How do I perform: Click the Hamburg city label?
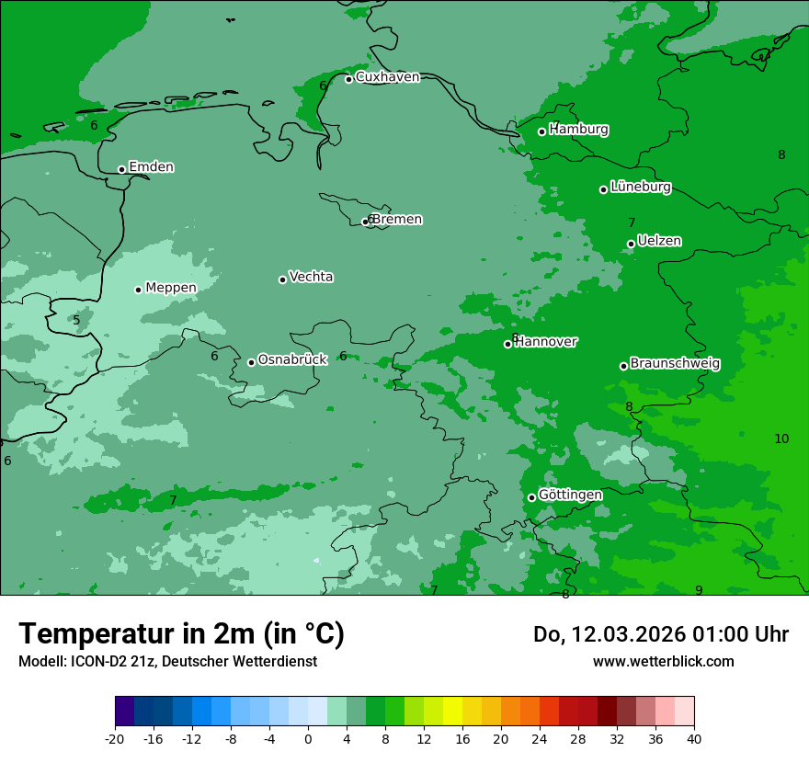tap(578, 130)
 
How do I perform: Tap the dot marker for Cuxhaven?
tap(348, 79)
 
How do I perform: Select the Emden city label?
tap(151, 167)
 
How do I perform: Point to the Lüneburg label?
tap(640, 187)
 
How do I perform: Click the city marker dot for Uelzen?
tap(631, 244)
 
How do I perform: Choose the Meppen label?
tap(171, 288)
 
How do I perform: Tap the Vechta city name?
tap(311, 277)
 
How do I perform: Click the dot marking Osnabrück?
tap(251, 362)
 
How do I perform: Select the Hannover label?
tap(546, 342)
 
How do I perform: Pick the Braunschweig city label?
tap(675, 363)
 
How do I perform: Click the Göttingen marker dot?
tap(531, 497)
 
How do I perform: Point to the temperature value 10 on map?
tap(781, 438)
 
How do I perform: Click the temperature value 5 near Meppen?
tap(76, 321)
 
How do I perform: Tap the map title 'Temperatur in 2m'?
tap(181, 633)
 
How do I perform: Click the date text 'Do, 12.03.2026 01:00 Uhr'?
tap(660, 634)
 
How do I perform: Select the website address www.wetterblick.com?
tap(663, 661)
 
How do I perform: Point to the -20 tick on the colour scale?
tap(115, 738)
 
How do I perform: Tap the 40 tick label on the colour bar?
tap(693, 738)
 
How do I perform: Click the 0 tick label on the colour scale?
tap(308, 738)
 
